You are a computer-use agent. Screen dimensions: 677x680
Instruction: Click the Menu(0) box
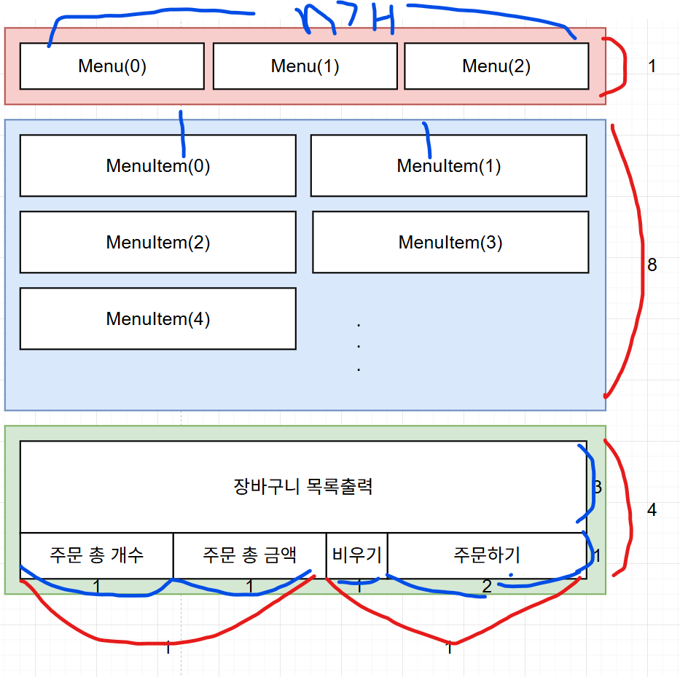pos(112,66)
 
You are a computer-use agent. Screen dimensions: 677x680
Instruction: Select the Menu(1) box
pos(305,66)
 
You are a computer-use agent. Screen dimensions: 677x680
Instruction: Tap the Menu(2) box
pos(496,66)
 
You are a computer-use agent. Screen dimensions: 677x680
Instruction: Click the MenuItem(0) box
pos(157,166)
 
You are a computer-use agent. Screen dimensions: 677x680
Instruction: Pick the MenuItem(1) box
pos(448,166)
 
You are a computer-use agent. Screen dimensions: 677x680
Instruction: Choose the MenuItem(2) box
pos(157,243)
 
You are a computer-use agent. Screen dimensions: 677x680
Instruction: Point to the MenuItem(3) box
pos(450,243)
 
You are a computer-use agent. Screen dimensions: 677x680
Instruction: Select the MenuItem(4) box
pos(157,319)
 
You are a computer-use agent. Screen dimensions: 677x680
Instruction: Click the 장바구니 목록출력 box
pos(303,487)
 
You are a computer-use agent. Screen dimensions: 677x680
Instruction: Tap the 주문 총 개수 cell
pos(96,555)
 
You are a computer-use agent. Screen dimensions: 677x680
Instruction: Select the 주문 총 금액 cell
pos(249,555)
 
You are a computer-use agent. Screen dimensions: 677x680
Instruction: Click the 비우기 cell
pos(356,555)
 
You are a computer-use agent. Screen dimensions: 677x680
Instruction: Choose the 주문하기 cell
pos(486,555)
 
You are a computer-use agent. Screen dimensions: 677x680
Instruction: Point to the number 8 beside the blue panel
pos(652,265)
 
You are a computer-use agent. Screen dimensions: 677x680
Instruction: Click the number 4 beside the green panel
pos(652,510)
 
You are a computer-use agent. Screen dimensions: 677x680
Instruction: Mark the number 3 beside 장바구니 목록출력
pos(598,488)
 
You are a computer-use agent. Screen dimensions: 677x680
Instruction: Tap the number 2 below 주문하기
pos(486,586)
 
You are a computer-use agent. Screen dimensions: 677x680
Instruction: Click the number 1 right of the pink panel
pos(652,66)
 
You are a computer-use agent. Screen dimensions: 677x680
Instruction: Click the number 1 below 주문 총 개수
pos(97,585)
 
